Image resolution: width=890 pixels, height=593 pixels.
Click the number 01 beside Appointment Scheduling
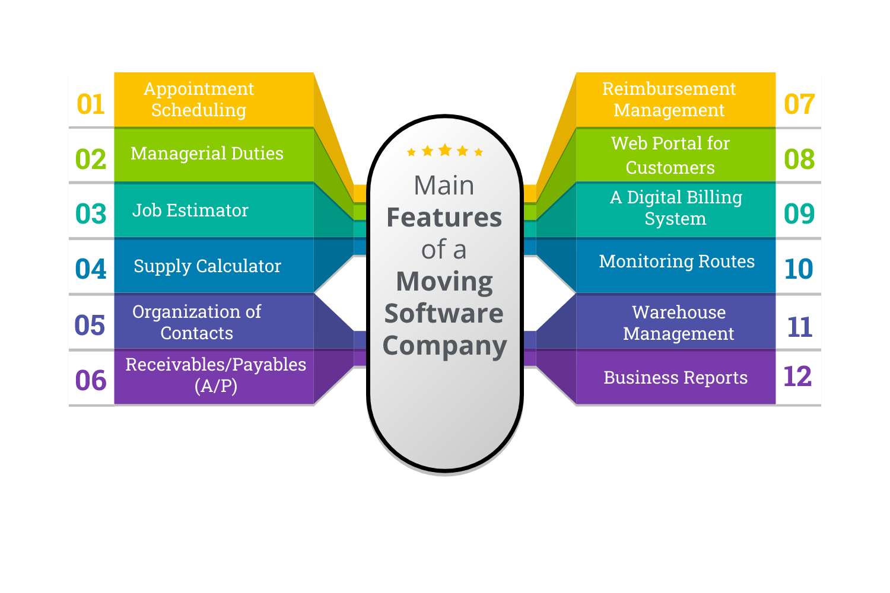tap(91, 104)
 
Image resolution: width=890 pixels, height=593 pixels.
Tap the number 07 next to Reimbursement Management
tap(799, 104)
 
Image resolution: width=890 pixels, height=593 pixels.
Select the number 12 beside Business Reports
tap(797, 377)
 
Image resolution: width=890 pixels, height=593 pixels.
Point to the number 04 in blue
tap(91, 269)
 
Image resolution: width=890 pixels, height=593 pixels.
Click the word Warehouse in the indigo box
tap(679, 312)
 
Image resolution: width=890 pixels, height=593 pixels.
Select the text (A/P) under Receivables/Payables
tap(216, 386)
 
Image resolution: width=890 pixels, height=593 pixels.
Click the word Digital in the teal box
tap(655, 197)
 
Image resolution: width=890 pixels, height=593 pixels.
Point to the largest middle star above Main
tap(445, 150)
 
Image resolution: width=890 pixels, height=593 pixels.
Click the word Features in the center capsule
tap(444, 218)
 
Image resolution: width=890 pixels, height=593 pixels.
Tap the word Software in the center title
tap(444, 313)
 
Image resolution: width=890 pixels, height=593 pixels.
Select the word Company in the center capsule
tap(444, 346)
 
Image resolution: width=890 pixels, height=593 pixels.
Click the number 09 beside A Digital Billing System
tap(799, 214)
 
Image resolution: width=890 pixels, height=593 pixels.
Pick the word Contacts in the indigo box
tap(197, 333)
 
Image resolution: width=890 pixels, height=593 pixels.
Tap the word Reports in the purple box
tap(716, 378)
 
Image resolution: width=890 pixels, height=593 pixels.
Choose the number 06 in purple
tap(91, 381)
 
